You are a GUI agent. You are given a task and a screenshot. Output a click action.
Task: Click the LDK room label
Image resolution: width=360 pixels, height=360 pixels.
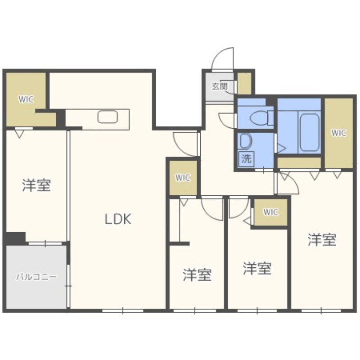coord(118,219)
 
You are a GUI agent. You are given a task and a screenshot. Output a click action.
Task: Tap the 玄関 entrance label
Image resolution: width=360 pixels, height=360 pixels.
coord(220,86)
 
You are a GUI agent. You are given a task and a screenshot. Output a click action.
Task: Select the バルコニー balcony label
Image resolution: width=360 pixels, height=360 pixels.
coord(36,277)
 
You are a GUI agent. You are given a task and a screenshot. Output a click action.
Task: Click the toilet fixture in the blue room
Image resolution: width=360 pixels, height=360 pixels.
coord(261,118)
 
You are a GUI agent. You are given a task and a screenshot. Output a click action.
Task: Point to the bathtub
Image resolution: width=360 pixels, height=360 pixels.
coord(309,132)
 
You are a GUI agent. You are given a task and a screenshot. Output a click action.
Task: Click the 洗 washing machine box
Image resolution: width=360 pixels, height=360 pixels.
coord(247,159)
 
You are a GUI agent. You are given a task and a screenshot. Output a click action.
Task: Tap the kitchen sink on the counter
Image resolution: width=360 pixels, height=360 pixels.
coord(108,117)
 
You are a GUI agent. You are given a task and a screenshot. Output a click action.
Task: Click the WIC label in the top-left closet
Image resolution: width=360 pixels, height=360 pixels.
coord(26,99)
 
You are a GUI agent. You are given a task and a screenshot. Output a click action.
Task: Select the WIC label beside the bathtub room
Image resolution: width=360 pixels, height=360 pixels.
coord(339,133)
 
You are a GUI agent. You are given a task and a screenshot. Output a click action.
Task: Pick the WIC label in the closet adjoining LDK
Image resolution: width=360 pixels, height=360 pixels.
coord(183,178)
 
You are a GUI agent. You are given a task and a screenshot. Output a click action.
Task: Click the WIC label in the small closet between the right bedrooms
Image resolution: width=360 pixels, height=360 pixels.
coord(271,212)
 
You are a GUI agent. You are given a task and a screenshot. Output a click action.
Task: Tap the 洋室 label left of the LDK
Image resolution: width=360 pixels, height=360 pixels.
coord(36,185)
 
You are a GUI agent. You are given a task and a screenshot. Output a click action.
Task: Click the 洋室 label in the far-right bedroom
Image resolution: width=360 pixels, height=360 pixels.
coord(322,239)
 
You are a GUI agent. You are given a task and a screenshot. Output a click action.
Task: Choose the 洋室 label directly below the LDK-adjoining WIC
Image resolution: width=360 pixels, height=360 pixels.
coord(197,275)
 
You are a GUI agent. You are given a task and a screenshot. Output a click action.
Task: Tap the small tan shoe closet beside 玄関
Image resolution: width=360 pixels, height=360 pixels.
coord(244,83)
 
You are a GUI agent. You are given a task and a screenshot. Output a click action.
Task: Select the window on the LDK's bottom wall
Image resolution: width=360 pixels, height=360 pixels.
coord(123,311)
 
